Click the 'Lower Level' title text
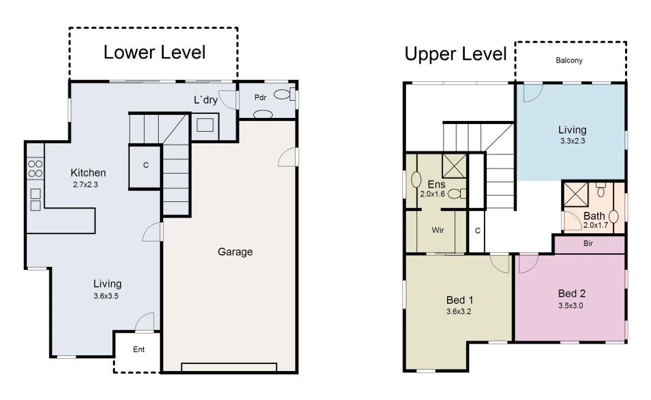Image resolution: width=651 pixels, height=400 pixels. tap(155, 52)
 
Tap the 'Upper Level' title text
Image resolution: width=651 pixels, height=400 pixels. tap(456, 53)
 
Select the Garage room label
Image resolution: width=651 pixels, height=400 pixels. tap(235, 252)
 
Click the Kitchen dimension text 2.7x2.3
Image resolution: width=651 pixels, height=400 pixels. tap(85, 184)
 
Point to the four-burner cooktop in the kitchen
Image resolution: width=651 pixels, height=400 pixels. tap(35, 169)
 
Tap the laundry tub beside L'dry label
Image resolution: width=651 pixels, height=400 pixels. tap(205, 125)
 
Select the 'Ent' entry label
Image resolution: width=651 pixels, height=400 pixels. tap(139, 350)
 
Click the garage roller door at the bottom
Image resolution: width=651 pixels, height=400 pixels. tap(229, 367)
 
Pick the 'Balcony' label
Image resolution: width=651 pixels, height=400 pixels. tap(569, 60)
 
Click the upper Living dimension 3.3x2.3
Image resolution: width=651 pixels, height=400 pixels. tap(572, 141)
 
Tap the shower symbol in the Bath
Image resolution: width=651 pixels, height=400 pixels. tap(576, 195)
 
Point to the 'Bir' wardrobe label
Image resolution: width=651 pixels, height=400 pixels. tap(588, 244)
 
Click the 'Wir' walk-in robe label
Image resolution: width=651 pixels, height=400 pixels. tap(438, 230)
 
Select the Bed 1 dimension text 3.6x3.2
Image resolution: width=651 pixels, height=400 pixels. tap(459, 312)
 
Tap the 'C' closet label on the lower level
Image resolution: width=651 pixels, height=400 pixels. tap(145, 166)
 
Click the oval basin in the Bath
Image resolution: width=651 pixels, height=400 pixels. tap(613, 216)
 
